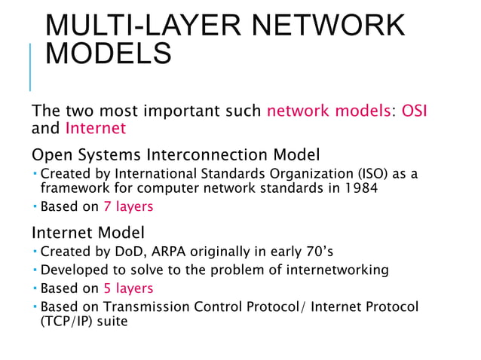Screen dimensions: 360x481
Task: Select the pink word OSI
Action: coord(415,111)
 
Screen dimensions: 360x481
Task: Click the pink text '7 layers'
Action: coord(129,206)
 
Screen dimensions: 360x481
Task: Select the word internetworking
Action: coord(342,270)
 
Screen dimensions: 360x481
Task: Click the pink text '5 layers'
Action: coord(129,288)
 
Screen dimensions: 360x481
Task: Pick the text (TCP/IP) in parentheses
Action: coord(70,322)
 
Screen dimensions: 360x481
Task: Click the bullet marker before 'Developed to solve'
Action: coord(35,269)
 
